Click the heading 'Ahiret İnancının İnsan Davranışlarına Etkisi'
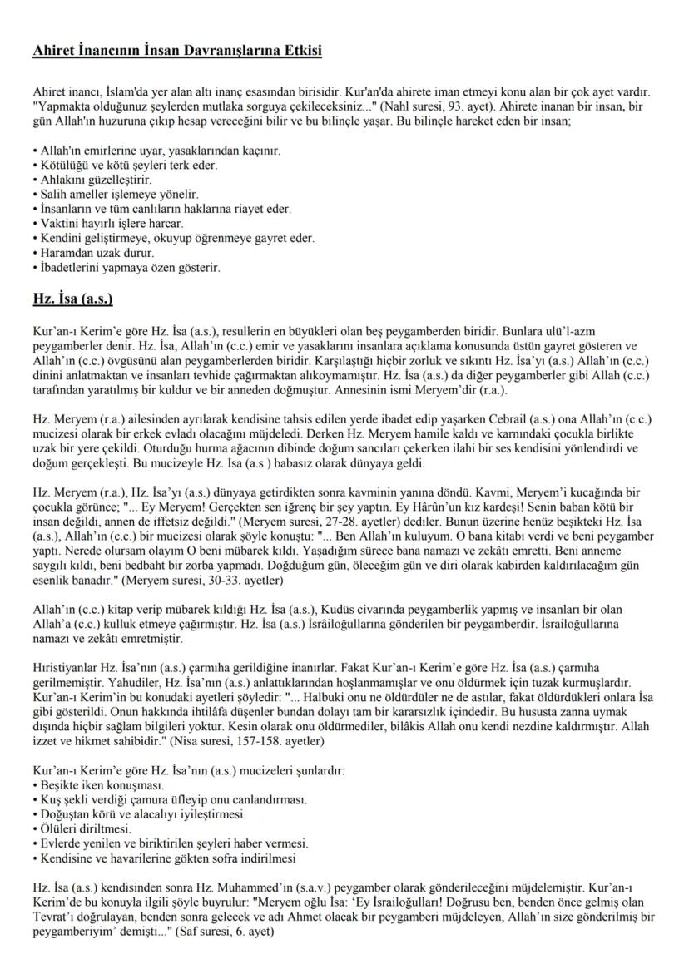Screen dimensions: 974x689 coord(177,52)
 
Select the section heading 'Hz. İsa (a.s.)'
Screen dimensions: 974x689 coord(72,298)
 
